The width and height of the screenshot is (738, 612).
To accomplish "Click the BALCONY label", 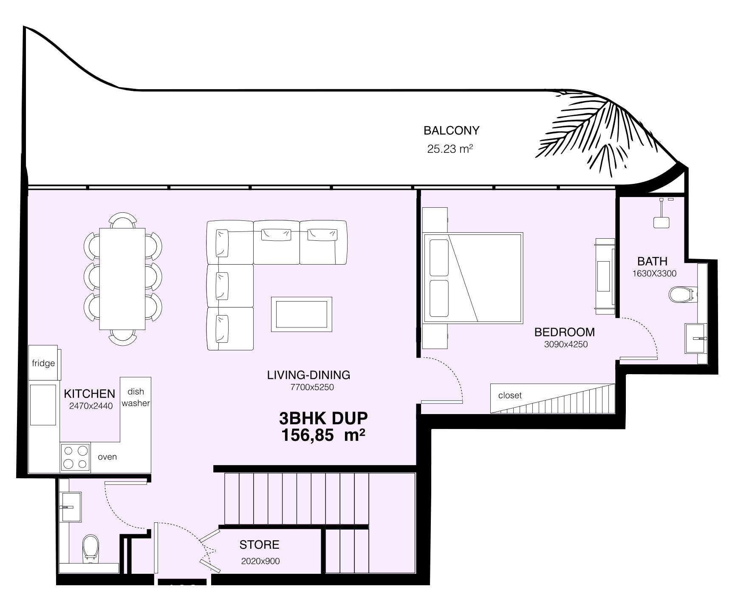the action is pos(451,130).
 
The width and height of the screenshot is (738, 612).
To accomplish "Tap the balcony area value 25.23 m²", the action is pos(450,149).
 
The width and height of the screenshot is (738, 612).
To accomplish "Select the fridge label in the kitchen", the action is pos(43,363).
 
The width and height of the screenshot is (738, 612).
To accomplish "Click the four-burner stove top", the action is pos(76,457).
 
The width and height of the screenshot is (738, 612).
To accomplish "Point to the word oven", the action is pos(107,457).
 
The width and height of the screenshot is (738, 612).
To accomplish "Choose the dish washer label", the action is pos(136,397).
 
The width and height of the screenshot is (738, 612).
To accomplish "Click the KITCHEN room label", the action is pos(89,394).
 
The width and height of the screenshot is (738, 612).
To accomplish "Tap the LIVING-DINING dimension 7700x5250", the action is pos(312,387).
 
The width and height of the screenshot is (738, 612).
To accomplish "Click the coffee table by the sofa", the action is pos(302,314).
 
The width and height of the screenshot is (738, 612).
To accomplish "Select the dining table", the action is pos(123,279).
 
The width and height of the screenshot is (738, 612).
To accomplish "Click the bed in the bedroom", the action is pos(472,277).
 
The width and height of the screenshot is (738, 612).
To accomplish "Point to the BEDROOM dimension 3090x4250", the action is pos(566,344).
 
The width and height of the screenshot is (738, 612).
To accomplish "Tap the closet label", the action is pos(510,395).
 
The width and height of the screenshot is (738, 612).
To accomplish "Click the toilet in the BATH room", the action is pos(682,294).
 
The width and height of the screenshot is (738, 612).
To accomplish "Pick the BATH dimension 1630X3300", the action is pos(654,274).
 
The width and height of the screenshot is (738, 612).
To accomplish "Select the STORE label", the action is pos(259,544).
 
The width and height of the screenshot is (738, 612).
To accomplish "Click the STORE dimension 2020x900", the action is pos(260,561).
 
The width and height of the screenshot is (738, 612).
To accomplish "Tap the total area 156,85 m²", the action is pos(323,435).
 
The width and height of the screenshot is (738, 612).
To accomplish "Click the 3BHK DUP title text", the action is pos(323,418).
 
